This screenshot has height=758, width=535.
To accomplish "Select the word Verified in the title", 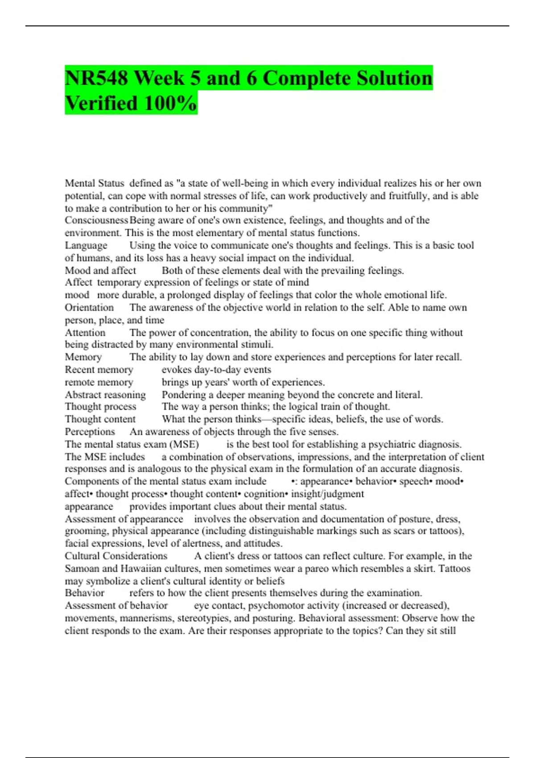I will click(101, 103).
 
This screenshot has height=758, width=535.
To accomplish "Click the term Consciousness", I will click(96, 220).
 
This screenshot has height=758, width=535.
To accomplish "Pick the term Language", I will click(86, 245).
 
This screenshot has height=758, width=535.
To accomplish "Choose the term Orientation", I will click(89, 308).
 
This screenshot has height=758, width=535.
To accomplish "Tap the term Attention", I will click(85, 333).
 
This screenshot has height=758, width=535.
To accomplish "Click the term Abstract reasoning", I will click(105, 395).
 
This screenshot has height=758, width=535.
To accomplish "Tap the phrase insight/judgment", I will click(328, 494).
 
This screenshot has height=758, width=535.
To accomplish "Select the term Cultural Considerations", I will click(116, 556).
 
